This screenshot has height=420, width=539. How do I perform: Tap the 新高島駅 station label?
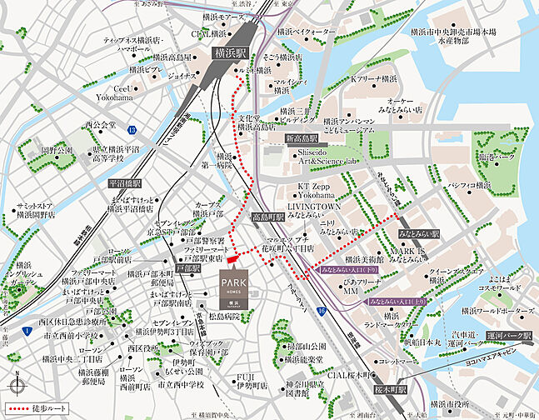tap(302, 138)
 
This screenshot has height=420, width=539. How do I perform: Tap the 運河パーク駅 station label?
tap(510, 335)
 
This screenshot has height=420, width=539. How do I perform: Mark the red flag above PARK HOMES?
tap(231, 259)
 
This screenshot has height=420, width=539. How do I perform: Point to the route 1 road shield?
tap(27, 332)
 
